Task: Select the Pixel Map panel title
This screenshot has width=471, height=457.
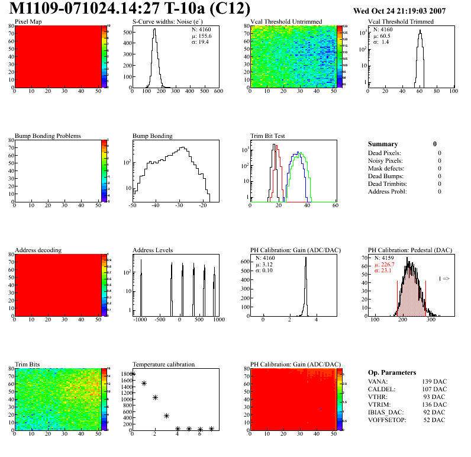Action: click(28, 22)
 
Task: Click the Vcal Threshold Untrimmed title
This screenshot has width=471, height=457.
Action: click(286, 22)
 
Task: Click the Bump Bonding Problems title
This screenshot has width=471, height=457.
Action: click(48, 136)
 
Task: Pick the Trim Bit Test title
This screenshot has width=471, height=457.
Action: click(268, 136)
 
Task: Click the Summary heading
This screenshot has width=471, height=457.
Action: click(383, 144)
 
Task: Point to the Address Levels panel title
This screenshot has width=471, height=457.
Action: click(153, 250)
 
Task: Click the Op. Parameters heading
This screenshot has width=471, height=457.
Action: click(392, 372)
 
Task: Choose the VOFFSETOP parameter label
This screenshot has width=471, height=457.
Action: click(388, 420)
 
